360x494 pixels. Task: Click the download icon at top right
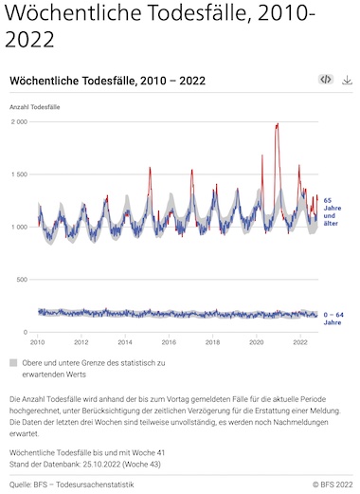point(347,80)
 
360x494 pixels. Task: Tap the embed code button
point(326,80)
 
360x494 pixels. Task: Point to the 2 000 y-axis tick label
point(20,121)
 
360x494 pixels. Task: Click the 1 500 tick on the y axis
point(20,174)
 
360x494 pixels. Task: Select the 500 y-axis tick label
point(23,280)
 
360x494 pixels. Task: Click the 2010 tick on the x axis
point(37,342)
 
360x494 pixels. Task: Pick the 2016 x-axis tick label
point(169,342)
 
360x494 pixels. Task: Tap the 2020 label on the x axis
point(257,342)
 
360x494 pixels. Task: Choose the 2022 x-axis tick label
point(300,342)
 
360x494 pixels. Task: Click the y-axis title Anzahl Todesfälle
point(35,107)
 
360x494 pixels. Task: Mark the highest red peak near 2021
point(278,124)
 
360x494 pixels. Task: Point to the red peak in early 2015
point(150,168)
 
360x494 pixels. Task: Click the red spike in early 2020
point(262,156)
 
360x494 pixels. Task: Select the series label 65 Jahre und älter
point(333,211)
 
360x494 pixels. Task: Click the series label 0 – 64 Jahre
point(333,319)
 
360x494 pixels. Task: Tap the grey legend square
point(13,362)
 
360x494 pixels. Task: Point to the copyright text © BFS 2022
point(333,485)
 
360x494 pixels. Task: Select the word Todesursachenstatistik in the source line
point(95,485)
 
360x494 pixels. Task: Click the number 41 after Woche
point(160,453)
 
